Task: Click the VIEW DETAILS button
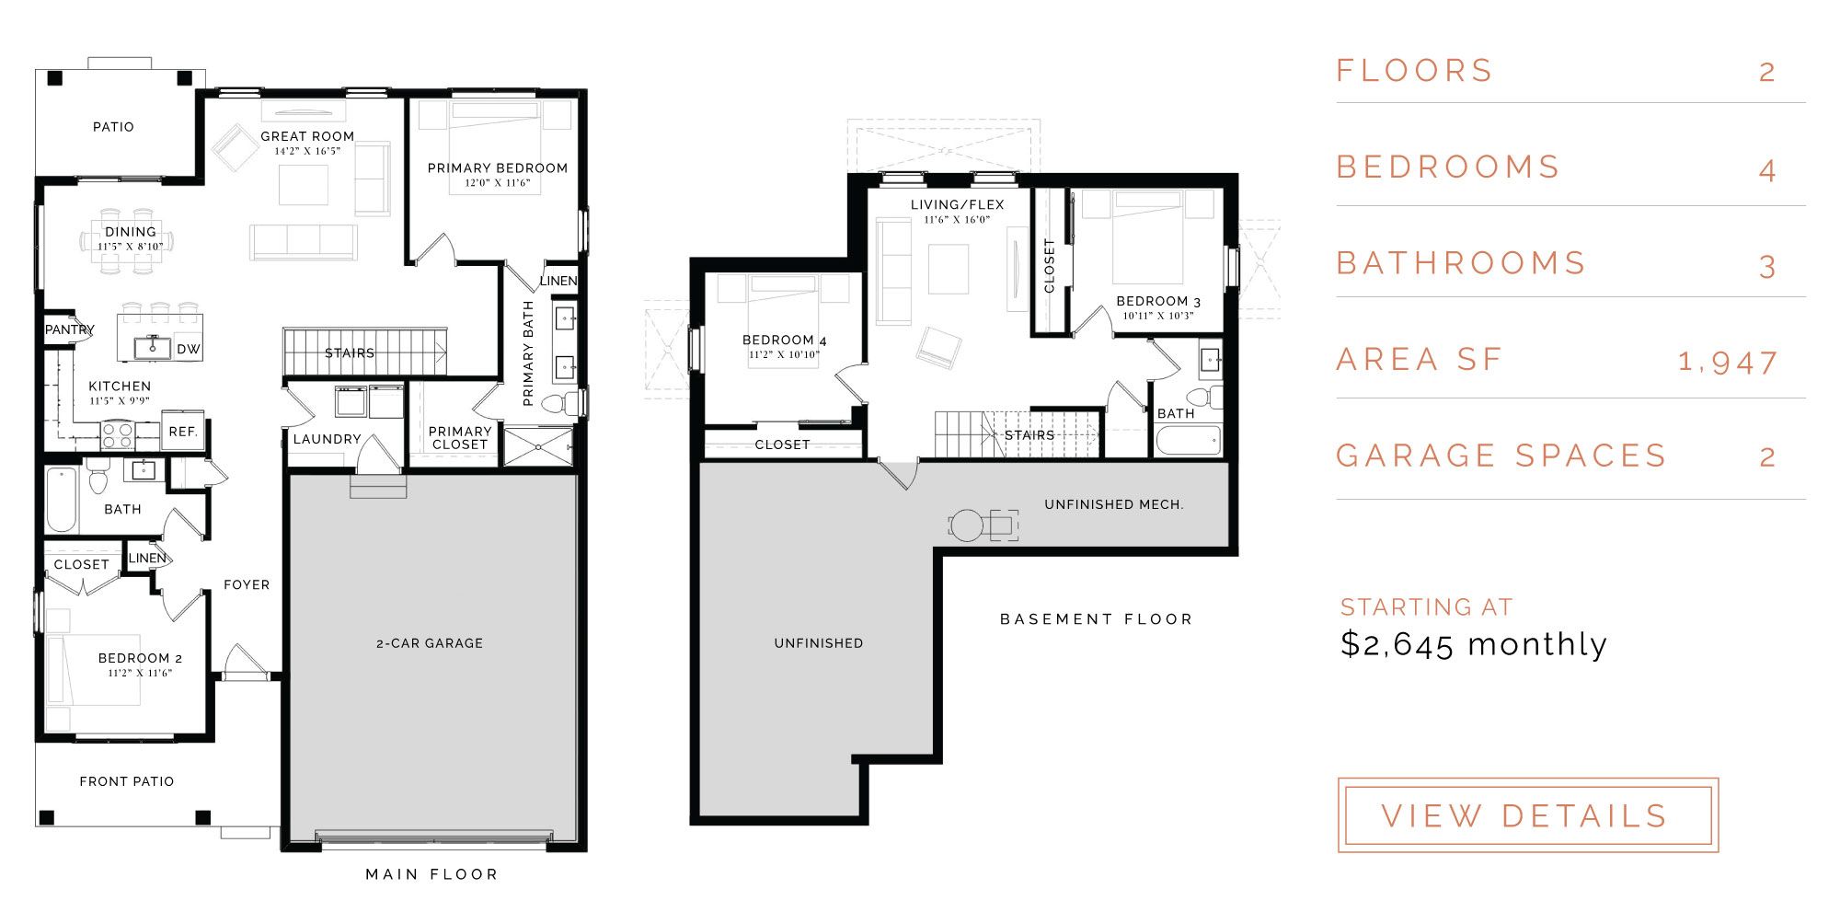pyautogui.click(x=1527, y=814)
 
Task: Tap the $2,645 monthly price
pyautogui.click(x=1473, y=643)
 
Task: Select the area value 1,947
pyautogui.click(x=1727, y=362)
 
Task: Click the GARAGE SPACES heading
pyautogui.click(x=1501, y=456)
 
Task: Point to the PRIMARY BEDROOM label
pyautogui.click(x=498, y=168)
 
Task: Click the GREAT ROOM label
pyautogui.click(x=307, y=136)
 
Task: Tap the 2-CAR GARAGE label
pyautogui.click(x=430, y=643)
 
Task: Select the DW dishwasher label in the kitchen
pyautogui.click(x=189, y=350)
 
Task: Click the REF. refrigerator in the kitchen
pyautogui.click(x=183, y=432)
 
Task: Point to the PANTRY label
pyautogui.click(x=70, y=329)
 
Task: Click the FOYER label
pyautogui.click(x=247, y=584)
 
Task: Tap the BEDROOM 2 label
pyautogui.click(x=140, y=658)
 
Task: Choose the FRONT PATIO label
pyautogui.click(x=127, y=781)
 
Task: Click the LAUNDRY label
pyautogui.click(x=327, y=439)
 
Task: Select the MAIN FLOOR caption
pyautogui.click(x=431, y=874)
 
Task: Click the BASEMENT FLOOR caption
pyautogui.click(x=1096, y=619)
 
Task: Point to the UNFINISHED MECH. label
pyautogui.click(x=1114, y=504)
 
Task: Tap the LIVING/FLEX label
pyautogui.click(x=958, y=204)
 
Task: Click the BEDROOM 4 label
pyautogui.click(x=785, y=341)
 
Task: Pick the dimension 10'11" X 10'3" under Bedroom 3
pyautogui.click(x=1158, y=316)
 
